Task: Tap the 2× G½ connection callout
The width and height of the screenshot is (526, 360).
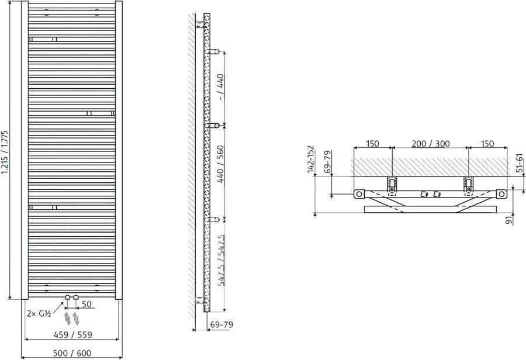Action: click(39, 313)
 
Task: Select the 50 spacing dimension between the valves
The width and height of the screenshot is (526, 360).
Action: click(86, 304)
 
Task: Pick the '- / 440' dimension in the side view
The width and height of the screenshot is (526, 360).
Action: click(221, 88)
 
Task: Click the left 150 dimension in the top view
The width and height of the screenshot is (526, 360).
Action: click(372, 144)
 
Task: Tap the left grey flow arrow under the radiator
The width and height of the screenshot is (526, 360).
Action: click(68, 319)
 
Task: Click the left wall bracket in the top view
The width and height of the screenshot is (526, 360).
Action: click(392, 185)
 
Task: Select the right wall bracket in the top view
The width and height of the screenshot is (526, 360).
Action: click(468, 185)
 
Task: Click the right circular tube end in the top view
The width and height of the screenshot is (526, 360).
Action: click(501, 194)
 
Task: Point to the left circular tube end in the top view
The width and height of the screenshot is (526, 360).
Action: click(358, 194)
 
